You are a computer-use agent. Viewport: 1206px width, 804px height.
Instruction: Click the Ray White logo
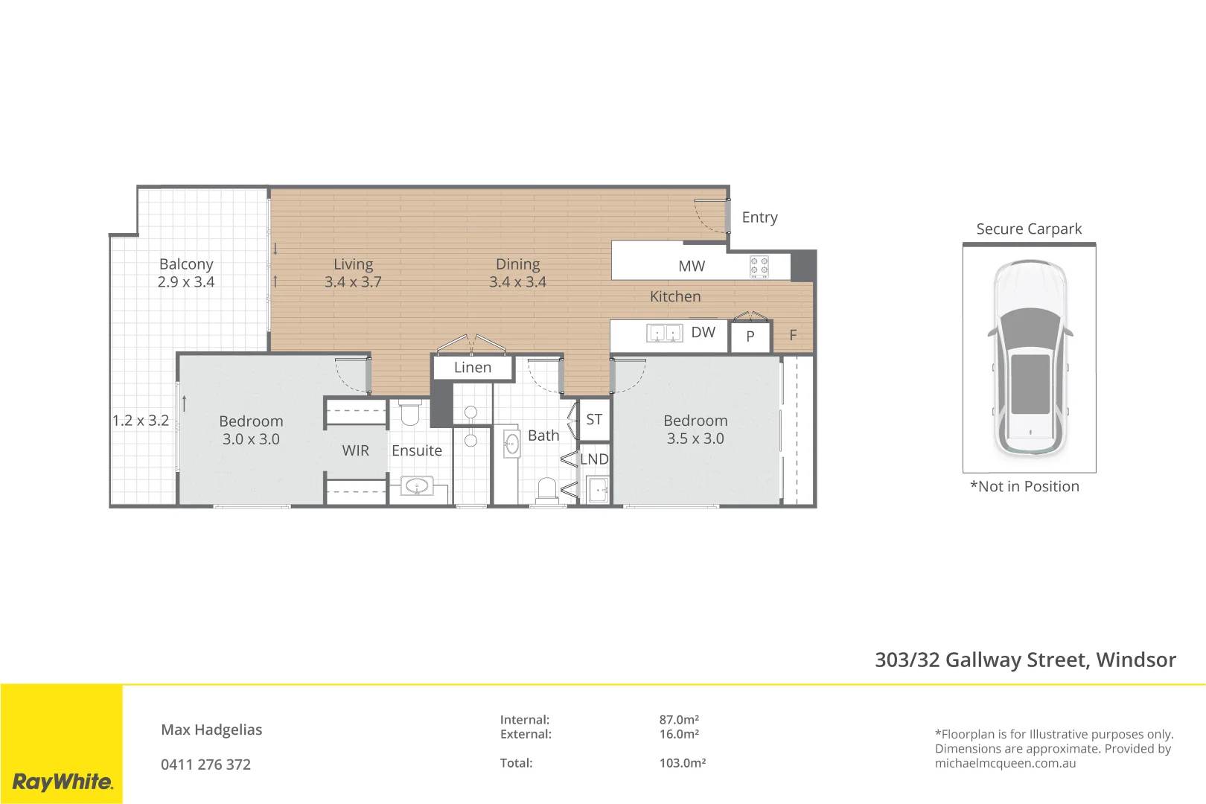(63, 782)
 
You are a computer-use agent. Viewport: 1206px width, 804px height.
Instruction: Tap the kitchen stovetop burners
(759, 266)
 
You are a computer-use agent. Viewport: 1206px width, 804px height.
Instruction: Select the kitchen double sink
(664, 333)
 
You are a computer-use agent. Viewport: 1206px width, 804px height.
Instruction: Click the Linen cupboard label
(473, 368)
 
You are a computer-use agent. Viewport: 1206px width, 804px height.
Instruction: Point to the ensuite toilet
(410, 412)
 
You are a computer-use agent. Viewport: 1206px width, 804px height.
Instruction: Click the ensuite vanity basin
(417, 487)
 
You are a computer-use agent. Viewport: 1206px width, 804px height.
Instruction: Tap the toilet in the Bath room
(547, 490)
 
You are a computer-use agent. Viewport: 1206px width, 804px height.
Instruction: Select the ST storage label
(594, 420)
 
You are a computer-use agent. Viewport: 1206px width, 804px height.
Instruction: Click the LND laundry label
(594, 459)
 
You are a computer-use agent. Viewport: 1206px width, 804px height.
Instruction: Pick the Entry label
(759, 217)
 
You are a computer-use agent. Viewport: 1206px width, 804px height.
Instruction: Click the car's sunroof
(1030, 383)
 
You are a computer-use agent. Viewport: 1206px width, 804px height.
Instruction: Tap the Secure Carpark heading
(1029, 229)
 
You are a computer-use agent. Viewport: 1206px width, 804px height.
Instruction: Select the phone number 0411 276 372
(205, 765)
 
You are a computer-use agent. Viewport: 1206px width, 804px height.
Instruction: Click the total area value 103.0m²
(682, 763)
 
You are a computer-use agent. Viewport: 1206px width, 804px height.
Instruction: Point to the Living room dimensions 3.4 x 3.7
(353, 282)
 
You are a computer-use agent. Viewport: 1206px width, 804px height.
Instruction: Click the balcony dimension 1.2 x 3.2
(141, 421)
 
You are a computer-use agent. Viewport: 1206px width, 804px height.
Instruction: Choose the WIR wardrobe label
(355, 450)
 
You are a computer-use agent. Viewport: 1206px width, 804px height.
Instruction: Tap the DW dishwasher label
(703, 332)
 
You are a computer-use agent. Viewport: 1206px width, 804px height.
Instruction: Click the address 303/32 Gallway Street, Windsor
(1025, 660)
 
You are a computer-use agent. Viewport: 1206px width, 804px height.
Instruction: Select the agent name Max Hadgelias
(211, 730)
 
